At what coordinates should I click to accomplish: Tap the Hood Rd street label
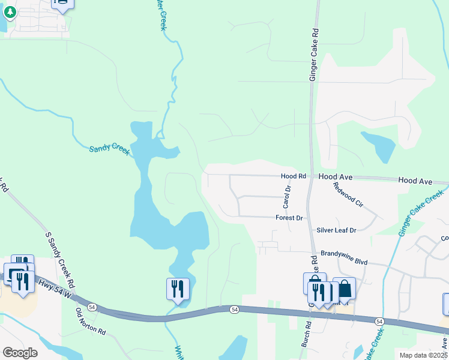coord(294,176)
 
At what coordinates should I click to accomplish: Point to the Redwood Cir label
coord(349,194)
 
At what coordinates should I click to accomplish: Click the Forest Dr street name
coord(289,218)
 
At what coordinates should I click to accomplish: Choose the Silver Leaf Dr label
coord(336,230)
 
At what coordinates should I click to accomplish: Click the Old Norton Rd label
coord(90,322)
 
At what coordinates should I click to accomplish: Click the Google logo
coord(20,353)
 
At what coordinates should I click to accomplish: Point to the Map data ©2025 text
coord(423,355)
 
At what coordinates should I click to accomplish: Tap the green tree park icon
coord(10,12)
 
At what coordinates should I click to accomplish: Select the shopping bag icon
coord(345,289)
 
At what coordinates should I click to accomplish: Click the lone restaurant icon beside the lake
coord(178,288)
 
